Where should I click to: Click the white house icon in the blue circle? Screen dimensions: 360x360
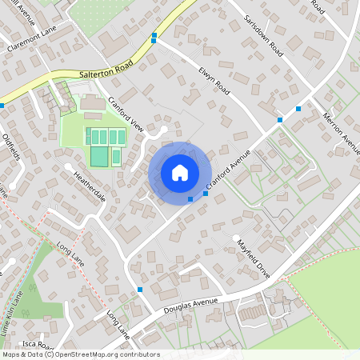(180, 173)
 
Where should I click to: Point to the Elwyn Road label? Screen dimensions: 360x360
(214, 81)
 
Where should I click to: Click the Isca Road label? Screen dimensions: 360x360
(37, 344)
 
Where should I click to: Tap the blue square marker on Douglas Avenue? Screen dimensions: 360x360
(140, 289)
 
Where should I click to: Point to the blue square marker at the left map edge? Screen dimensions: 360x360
(2, 105)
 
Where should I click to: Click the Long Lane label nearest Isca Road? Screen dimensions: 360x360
(117, 323)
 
